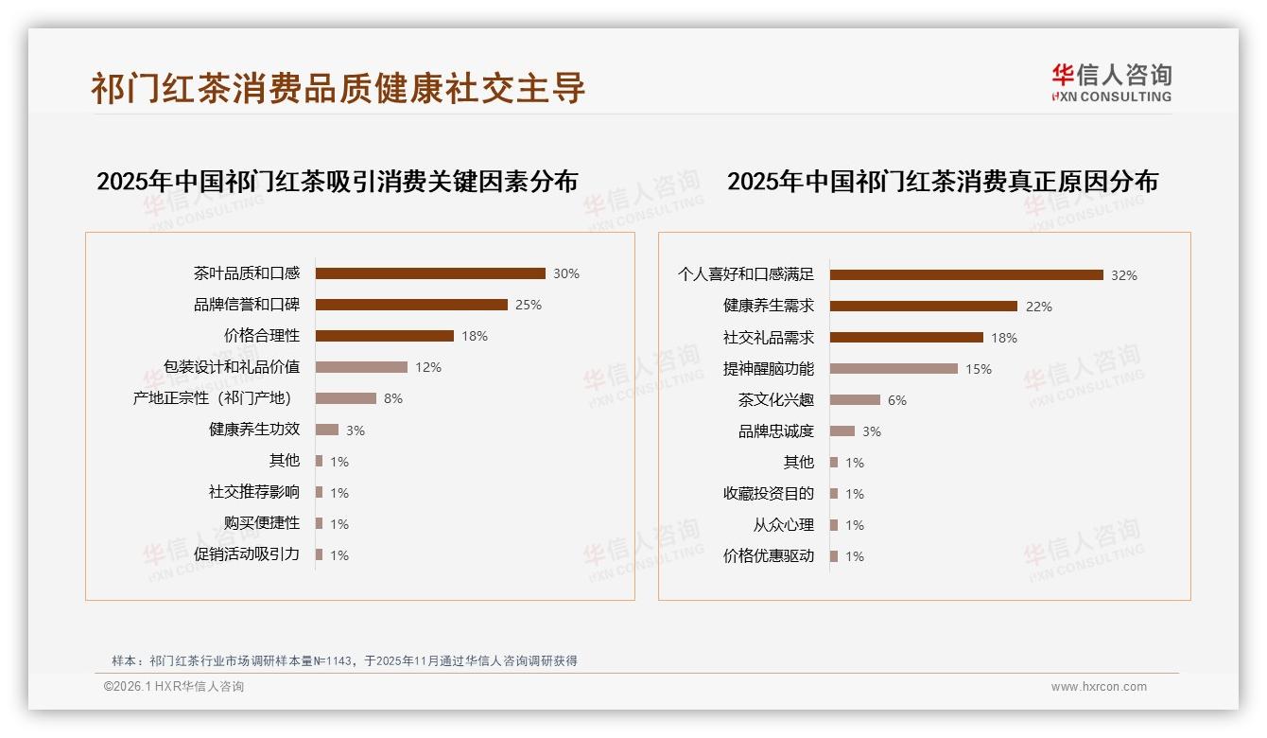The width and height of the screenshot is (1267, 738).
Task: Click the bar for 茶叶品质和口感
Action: [430, 273]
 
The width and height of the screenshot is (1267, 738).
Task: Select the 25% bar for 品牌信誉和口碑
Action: [411, 305]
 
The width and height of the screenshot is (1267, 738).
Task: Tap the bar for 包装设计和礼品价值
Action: [361, 367]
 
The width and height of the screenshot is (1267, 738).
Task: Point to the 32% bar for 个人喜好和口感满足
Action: [966, 275]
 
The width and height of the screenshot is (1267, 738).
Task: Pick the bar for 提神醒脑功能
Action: [894, 369]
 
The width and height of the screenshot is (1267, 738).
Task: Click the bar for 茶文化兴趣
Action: [855, 400]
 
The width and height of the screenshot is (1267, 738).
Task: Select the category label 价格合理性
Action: [262, 336]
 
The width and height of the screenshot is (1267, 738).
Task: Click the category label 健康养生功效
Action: [254, 430]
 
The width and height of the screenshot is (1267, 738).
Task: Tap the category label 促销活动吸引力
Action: [247, 554]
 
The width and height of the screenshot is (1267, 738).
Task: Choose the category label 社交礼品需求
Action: [769, 338]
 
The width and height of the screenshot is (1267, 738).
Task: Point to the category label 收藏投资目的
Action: [769, 494]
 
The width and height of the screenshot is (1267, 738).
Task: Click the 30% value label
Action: [566, 274]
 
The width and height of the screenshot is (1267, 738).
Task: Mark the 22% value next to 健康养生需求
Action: [1038, 307]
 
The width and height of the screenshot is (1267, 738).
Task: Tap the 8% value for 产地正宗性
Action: [393, 399]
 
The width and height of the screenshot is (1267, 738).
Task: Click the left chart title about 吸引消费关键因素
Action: [337, 182]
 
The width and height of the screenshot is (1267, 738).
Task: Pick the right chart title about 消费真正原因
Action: [942, 182]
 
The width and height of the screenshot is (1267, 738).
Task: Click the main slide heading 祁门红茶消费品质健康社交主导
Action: [338, 88]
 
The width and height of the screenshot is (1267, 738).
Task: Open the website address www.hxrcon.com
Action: [1099, 687]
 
